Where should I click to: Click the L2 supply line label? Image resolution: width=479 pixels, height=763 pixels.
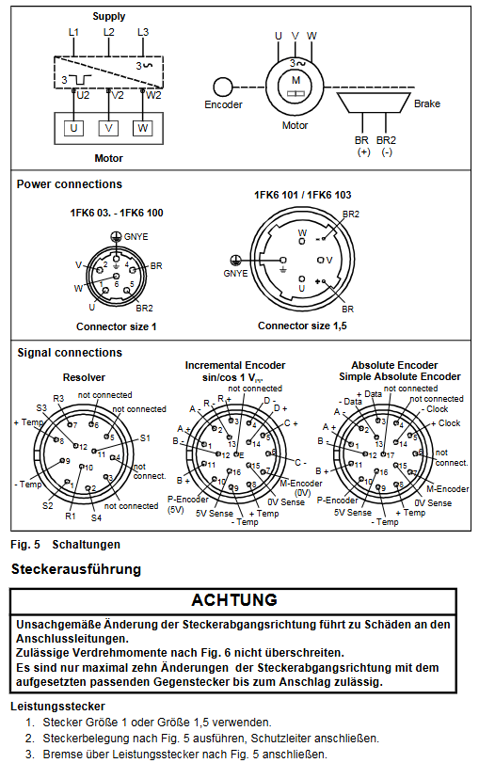(108, 32)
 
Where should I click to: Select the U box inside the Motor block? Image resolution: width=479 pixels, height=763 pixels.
(73, 129)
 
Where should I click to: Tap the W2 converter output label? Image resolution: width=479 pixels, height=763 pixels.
(153, 95)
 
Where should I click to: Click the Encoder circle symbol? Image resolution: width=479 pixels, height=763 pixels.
(222, 87)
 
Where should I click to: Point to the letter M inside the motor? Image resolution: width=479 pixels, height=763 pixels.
(295, 80)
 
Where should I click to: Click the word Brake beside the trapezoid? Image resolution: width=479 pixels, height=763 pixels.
(427, 103)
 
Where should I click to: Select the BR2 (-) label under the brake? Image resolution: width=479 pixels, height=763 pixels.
(386, 146)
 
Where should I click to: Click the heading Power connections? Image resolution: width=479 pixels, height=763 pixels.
(69, 184)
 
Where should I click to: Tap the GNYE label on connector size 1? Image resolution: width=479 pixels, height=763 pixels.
(136, 237)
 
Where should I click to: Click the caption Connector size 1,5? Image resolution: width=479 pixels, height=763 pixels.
(302, 326)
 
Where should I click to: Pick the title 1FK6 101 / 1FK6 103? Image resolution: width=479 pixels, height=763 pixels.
(302, 195)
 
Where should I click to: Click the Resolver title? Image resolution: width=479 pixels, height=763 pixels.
(84, 377)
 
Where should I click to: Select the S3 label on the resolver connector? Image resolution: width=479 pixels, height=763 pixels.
(41, 408)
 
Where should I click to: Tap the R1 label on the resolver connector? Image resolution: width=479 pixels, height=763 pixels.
(71, 516)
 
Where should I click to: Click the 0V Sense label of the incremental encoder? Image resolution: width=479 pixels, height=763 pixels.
(286, 502)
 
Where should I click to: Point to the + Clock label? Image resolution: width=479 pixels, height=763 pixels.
(446, 423)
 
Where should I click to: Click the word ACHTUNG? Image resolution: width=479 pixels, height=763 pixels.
(234, 600)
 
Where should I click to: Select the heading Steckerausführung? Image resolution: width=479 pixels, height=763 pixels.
(76, 569)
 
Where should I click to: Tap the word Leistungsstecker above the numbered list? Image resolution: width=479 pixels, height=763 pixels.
(58, 706)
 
